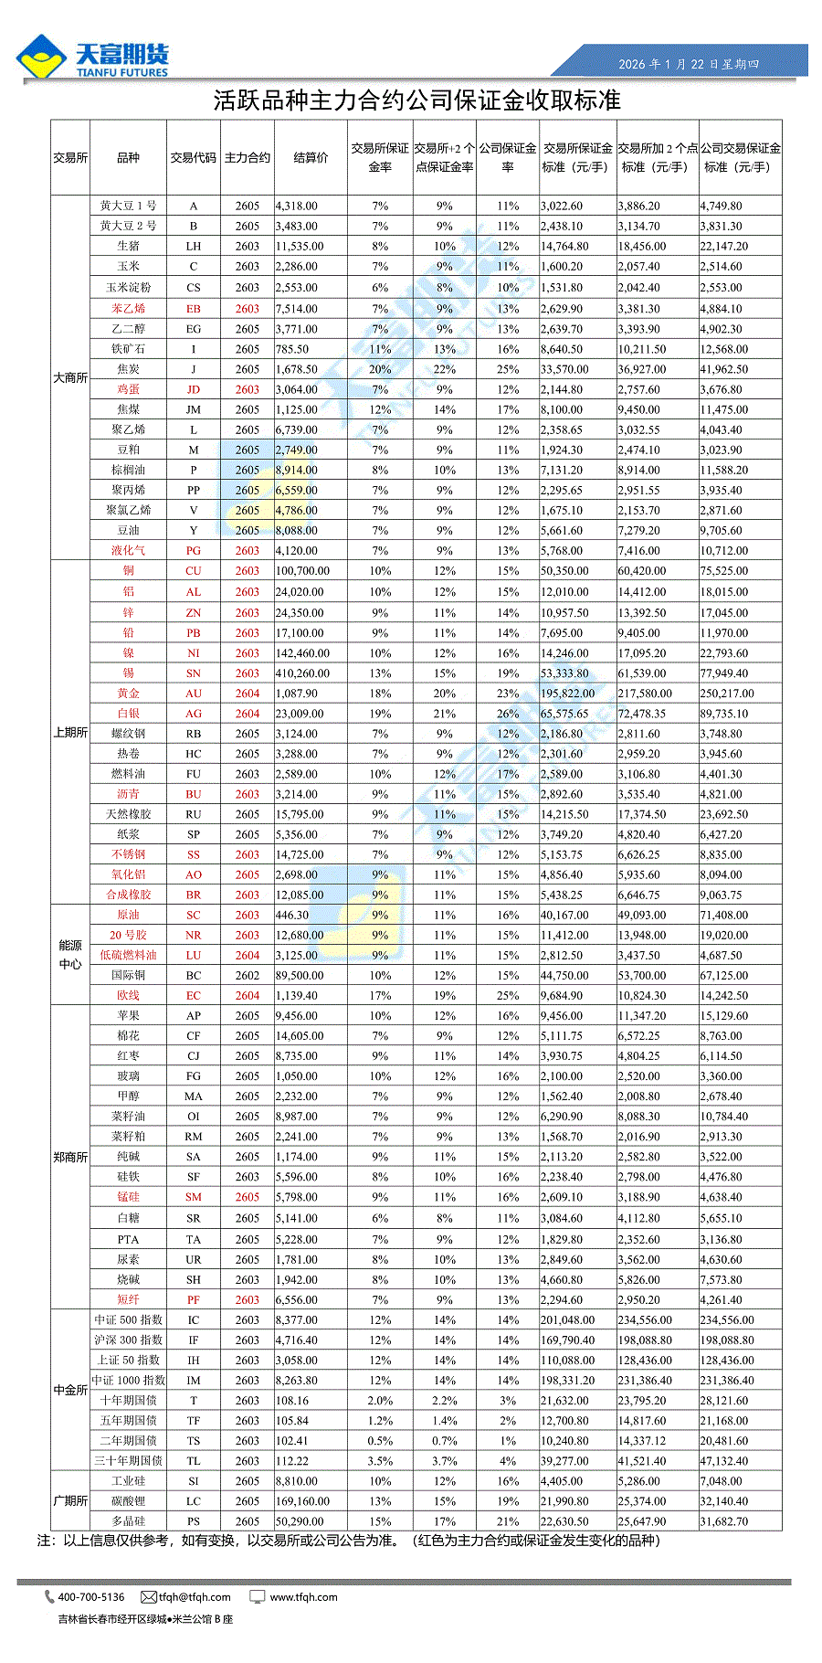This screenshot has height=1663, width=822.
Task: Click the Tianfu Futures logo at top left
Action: pos(91,58)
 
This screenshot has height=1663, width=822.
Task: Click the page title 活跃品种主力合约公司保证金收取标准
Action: pos(416,100)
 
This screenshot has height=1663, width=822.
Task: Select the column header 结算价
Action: pos(311,157)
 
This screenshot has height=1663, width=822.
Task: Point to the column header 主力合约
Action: pos(248,157)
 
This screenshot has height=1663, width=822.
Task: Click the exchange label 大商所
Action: pos(70,377)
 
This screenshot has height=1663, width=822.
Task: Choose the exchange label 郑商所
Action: pos(70,1157)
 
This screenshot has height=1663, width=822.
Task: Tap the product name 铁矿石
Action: pos(128,349)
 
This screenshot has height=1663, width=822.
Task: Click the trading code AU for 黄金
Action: pos(194,694)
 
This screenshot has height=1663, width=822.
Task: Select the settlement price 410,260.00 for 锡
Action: pos(302,673)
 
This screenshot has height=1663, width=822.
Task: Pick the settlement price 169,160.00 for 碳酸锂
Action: pos(302,1501)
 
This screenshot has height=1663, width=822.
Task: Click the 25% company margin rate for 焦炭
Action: pos(508,369)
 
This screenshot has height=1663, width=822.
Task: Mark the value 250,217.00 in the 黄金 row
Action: pos(727,694)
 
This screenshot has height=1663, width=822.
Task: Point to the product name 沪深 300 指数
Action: pos(128,1340)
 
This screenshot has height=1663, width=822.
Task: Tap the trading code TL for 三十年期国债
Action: pos(194,1461)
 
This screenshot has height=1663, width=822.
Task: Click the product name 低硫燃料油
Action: pos(128,955)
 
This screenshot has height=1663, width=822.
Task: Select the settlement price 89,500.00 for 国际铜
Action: pos(300,975)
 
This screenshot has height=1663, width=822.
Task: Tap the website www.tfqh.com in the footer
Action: pos(303,1597)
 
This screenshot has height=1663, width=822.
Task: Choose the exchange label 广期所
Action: pos(70,1501)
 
